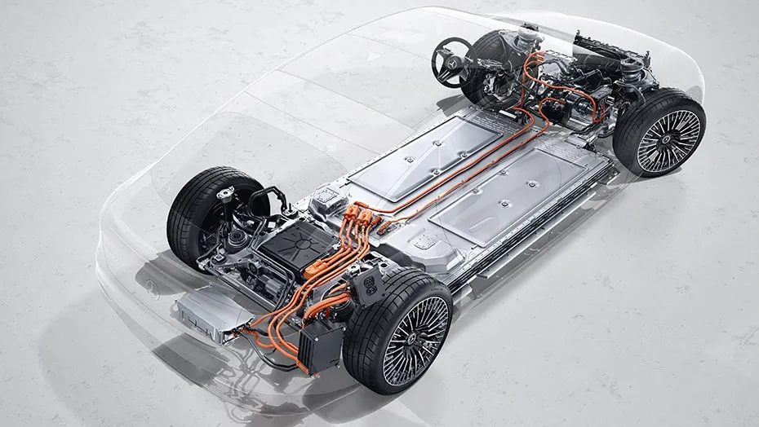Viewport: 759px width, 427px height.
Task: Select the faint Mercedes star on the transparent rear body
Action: (153, 286)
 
